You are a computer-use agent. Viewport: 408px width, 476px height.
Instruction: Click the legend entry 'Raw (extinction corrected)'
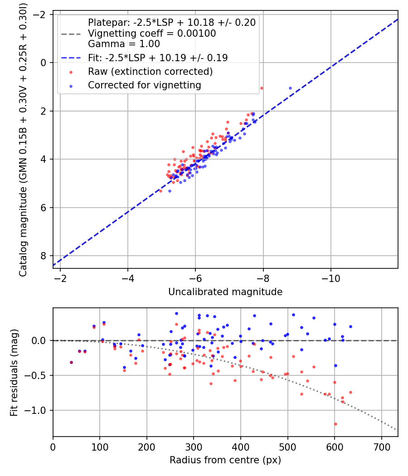click(x=150, y=71)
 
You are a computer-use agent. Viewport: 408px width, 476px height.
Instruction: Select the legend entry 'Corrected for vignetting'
click(x=144, y=85)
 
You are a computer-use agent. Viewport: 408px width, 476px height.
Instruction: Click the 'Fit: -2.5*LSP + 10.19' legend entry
click(x=158, y=58)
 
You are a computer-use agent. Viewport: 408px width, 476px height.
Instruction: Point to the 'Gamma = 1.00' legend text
click(x=124, y=44)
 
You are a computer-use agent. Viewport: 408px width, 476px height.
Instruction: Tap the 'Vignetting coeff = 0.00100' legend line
click(x=152, y=33)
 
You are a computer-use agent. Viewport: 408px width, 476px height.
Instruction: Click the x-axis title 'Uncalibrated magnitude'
click(x=225, y=292)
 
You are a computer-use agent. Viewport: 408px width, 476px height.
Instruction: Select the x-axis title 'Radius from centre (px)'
click(x=225, y=460)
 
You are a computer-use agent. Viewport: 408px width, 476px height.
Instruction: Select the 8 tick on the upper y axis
click(x=44, y=256)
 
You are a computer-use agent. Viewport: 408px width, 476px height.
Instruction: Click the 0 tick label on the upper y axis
click(x=44, y=63)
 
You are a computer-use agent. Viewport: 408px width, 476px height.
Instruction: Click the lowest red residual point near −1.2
click(x=335, y=424)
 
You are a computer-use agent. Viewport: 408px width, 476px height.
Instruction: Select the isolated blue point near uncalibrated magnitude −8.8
click(x=290, y=88)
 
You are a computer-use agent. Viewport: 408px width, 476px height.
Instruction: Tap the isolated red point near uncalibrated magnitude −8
click(x=262, y=88)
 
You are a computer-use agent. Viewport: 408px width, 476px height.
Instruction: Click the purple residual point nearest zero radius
click(x=71, y=362)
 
